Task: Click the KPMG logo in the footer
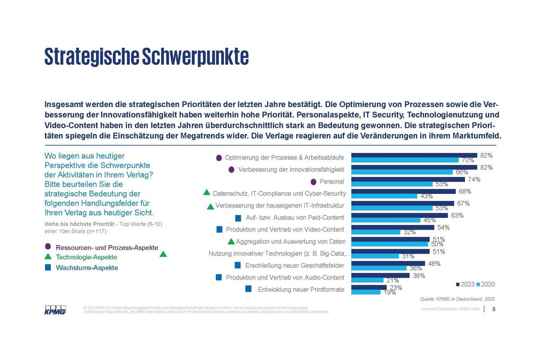55,310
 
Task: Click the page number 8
494,309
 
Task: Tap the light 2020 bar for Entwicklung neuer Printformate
366,292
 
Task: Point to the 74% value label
474,179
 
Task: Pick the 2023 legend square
458,284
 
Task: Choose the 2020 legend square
479,284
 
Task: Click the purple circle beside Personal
313,182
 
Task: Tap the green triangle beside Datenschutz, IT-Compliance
207,193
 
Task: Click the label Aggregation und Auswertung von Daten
290,242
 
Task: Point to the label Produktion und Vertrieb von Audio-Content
285,278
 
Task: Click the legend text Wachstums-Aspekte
86,268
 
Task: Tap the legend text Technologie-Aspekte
86,257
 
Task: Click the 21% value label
393,281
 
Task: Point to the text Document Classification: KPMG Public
450,309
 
